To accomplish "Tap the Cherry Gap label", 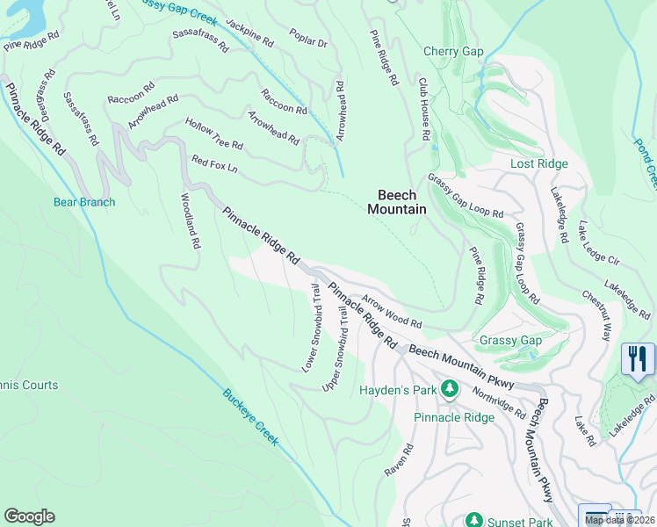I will [x=453, y=52].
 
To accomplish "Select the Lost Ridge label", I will [x=539, y=164].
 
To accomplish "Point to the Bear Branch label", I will [x=84, y=203].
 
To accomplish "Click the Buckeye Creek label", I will [x=250, y=417].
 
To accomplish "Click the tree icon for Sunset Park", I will [x=474, y=520].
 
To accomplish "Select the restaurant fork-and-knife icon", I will [x=638, y=359].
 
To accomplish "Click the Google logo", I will [x=29, y=516].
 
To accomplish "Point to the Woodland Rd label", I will [x=190, y=220].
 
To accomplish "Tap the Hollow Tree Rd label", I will [x=213, y=134].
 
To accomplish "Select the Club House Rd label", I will [x=423, y=110].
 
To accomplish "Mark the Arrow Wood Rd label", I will [x=392, y=312].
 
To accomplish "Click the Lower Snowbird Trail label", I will [x=311, y=328].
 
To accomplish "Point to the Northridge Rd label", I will [x=497, y=403].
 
